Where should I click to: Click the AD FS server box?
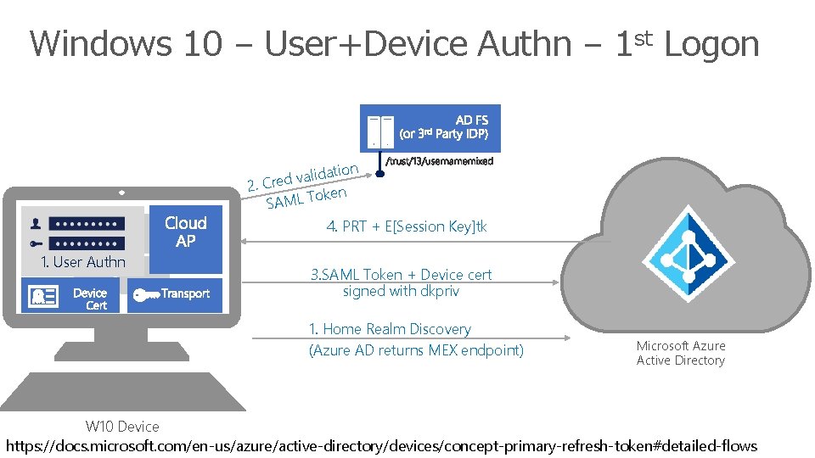coord(430,128)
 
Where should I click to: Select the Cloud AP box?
coord(186,232)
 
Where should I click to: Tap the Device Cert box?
coord(72,296)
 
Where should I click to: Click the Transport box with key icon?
coord(175,295)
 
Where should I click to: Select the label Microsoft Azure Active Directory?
coord(681,353)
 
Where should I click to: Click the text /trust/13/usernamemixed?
coord(439,161)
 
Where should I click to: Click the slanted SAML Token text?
coord(306,198)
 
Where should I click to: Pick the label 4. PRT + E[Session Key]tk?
coord(407,226)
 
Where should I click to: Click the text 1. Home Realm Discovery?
coord(390,329)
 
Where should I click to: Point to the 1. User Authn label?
coord(83,262)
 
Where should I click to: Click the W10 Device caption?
coord(122,427)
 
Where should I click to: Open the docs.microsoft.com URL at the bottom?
coord(381,445)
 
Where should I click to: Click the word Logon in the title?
coord(711,44)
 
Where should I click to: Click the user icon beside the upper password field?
coord(37,224)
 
